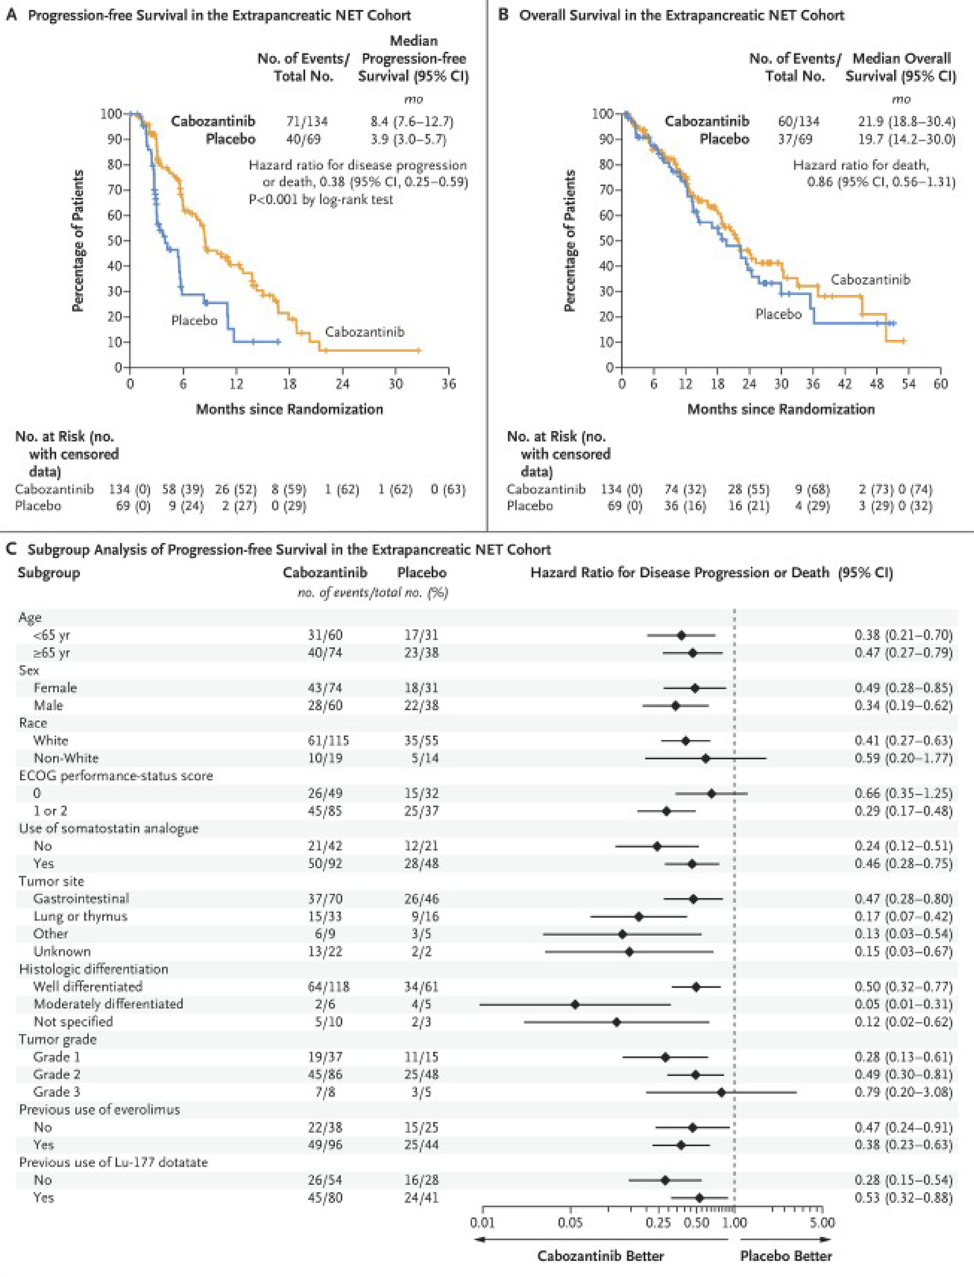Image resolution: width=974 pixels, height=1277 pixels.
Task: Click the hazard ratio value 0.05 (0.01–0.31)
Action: point(903,1004)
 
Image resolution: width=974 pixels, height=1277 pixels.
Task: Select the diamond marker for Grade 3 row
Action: point(721,1092)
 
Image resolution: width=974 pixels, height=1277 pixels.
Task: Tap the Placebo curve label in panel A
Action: point(194,320)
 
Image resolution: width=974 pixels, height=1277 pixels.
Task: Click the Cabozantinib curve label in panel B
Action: point(870,280)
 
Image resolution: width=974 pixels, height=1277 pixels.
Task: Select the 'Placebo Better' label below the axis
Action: point(786,1256)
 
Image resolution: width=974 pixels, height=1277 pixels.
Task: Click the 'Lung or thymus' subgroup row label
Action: point(80,916)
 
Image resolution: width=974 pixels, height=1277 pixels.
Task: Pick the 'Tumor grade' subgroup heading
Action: point(57,1039)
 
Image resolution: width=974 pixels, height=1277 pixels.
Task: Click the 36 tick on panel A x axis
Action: point(448,384)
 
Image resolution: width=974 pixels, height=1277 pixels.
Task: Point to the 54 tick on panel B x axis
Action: point(909,384)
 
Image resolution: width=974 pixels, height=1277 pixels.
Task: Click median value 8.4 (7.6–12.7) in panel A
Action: point(412,121)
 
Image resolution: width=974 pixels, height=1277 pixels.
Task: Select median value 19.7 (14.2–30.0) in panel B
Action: point(907,139)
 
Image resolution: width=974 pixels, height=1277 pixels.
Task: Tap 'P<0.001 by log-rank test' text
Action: point(320,199)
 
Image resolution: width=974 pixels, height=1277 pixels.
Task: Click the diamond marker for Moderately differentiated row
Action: point(575,1004)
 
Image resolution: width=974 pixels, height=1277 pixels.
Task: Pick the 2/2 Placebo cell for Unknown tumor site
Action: point(422,951)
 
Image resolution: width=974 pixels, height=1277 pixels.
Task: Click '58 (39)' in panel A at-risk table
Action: point(183,489)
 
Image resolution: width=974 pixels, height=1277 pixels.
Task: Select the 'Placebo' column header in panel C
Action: point(422,573)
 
